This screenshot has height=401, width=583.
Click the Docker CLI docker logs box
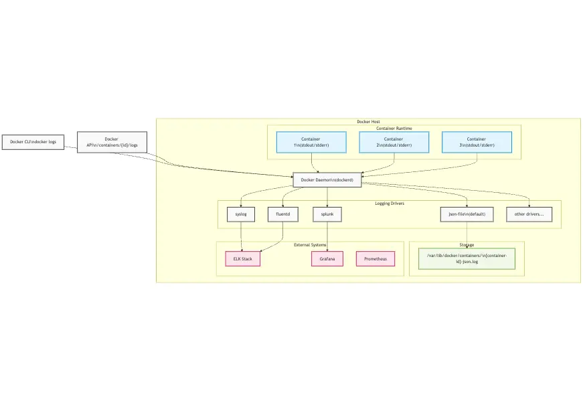pyautogui.click(x=33, y=142)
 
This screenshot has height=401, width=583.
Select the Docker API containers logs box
pyautogui.click(x=112, y=142)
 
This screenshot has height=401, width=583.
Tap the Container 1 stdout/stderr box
pyautogui.click(x=311, y=142)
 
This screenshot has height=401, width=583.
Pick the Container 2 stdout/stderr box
pyautogui.click(x=394, y=142)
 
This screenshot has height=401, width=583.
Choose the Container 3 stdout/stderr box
pyautogui.click(x=477, y=142)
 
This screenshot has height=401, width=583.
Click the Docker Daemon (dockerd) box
pyautogui.click(x=327, y=180)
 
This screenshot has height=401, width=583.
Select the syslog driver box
pyautogui.click(x=241, y=214)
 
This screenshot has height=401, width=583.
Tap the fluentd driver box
pyautogui.click(x=283, y=214)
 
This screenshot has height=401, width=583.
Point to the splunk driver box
pyautogui.click(x=327, y=214)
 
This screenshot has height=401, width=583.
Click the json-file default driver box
pyautogui.click(x=467, y=214)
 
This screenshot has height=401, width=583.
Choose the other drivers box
pyautogui.click(x=529, y=214)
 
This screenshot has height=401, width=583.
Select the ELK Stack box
pyautogui.click(x=242, y=258)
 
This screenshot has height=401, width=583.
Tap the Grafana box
pyautogui.click(x=327, y=258)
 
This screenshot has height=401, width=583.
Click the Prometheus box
pyautogui.click(x=375, y=258)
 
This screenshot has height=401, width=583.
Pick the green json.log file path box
pyautogui.click(x=467, y=258)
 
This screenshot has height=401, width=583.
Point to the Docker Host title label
pyautogui.click(x=368, y=122)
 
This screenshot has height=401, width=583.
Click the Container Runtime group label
pyautogui.click(x=394, y=128)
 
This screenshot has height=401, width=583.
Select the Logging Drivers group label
pyautogui.click(x=389, y=203)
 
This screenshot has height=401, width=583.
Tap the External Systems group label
pyautogui.click(x=309, y=244)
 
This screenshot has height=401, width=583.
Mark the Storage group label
pyautogui.click(x=467, y=244)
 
